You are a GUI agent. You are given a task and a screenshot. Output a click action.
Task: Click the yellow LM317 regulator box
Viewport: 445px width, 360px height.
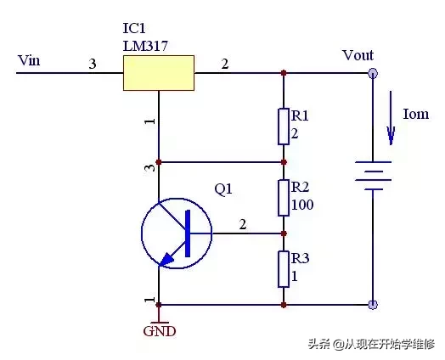pos(159,73)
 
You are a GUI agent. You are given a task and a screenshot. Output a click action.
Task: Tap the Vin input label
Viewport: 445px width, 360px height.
pos(29,60)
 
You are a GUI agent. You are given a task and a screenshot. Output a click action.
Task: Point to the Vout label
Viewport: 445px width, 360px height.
pos(358,55)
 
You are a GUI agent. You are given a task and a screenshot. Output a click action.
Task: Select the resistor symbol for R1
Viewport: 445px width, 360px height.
pos(284,127)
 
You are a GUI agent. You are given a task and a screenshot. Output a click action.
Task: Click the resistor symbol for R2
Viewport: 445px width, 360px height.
pos(284,198)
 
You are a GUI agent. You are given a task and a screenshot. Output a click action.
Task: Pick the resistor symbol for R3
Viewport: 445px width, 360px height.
pos(284,269)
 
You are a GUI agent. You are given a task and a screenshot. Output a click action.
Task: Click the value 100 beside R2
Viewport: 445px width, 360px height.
pos(302,205)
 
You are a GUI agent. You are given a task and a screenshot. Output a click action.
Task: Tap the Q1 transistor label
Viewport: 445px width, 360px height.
pos(223,189)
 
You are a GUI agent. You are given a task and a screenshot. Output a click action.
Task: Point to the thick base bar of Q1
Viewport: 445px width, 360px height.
pos(188,233)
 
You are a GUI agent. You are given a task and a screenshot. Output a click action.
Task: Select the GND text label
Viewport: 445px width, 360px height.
pos(160,331)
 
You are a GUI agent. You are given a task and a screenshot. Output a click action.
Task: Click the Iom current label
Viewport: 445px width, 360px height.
pos(416,114)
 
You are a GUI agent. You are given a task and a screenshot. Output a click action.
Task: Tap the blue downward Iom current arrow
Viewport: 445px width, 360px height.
pos(391,118)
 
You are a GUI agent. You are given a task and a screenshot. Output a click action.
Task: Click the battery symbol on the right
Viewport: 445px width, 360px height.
pos(373,176)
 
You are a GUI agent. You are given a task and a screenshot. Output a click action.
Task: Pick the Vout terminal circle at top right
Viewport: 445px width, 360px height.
pos(373,74)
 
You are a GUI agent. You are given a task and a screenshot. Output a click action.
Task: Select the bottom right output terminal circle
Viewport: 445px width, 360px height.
pos(373,305)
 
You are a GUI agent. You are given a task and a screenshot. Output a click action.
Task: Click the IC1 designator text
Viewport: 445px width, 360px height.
pos(134,28)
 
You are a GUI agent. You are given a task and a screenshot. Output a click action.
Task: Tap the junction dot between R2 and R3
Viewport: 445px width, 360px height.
pos(284,233)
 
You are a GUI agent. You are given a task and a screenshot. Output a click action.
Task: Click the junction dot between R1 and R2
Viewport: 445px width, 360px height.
pos(284,162)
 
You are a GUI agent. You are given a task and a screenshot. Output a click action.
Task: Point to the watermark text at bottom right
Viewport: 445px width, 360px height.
pos(372,344)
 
